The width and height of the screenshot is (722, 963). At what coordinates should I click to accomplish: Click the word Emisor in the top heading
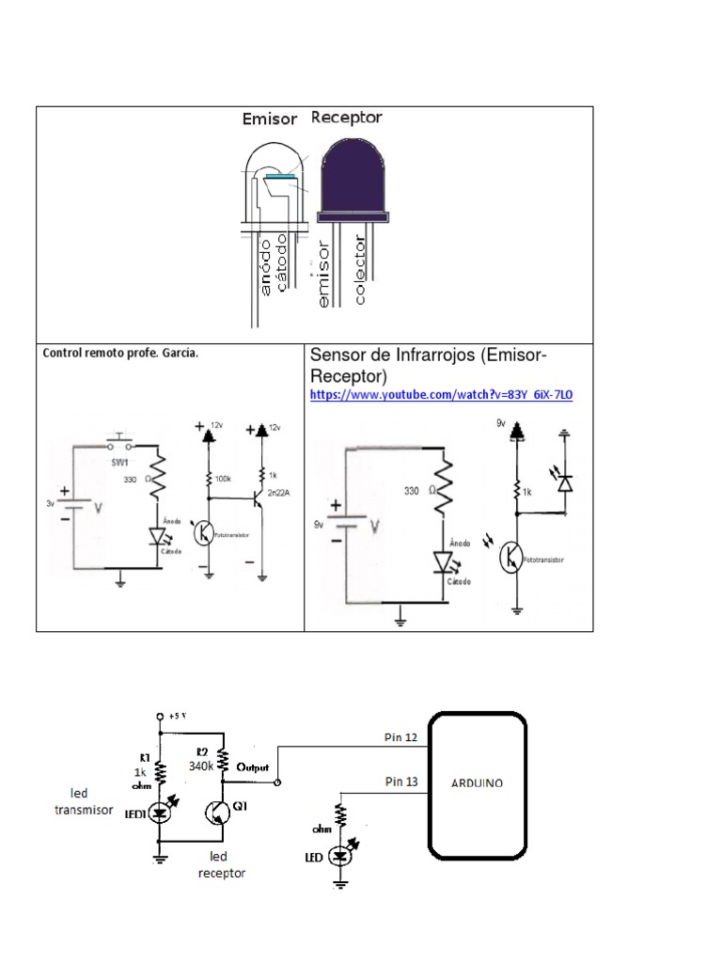269,119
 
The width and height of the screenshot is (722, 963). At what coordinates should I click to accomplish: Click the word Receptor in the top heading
346,118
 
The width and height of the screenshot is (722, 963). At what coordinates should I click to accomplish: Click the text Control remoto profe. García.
120,354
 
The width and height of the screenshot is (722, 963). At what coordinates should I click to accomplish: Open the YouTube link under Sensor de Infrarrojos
441,396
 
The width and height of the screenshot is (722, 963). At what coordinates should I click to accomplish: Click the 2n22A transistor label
278,494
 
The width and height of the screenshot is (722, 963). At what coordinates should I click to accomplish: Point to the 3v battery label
51,503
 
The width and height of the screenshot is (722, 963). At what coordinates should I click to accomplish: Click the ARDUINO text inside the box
478,782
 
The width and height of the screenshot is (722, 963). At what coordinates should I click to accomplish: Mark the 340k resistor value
202,766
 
